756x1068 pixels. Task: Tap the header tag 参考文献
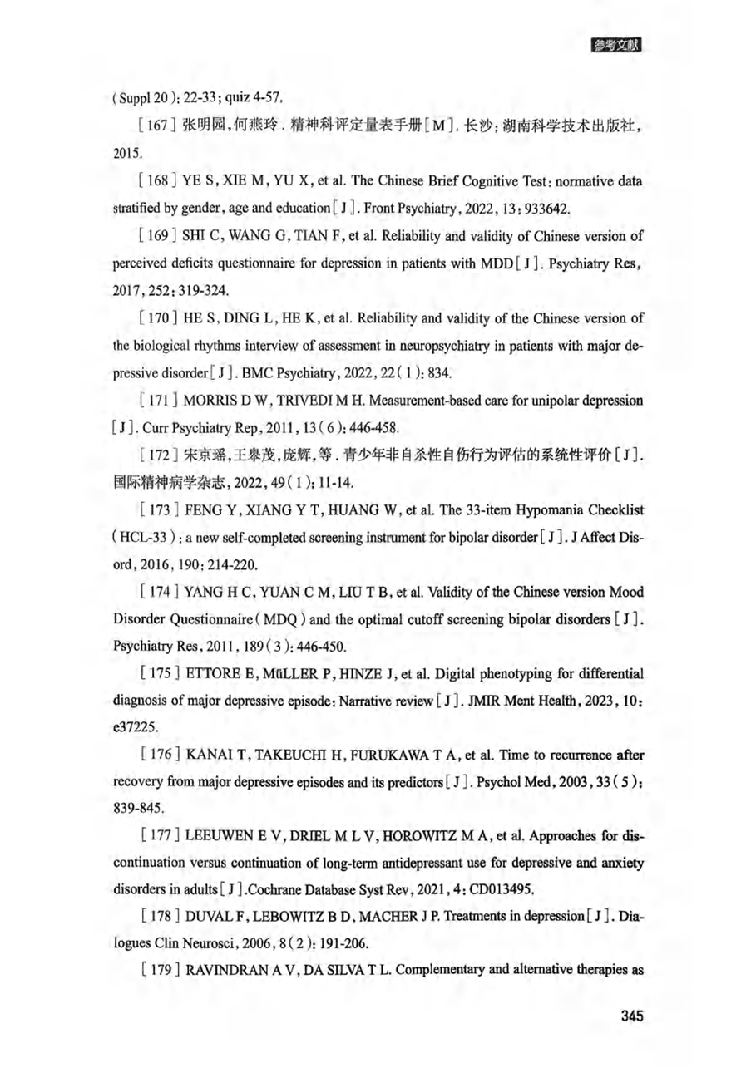(617, 45)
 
